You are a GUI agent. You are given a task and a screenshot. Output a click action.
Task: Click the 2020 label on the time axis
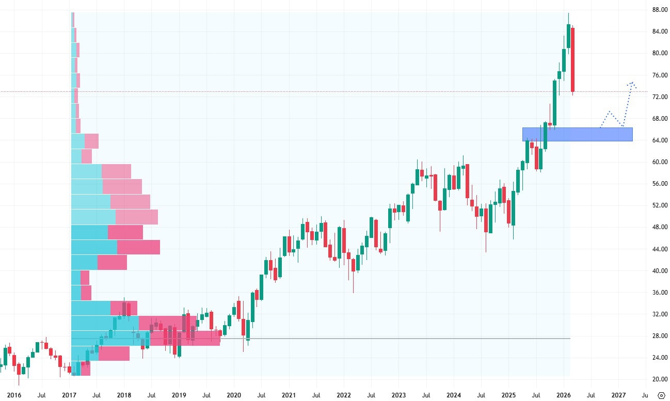point(234,395)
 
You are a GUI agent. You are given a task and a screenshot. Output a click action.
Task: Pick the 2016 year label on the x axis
point(14,395)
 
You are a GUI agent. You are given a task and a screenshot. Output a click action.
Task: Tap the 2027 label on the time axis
point(618,395)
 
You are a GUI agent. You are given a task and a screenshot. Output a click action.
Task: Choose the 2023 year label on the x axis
point(398,395)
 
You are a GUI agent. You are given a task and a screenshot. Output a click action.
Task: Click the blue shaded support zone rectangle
point(577,134)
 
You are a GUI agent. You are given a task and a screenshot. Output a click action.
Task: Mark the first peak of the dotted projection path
point(610,111)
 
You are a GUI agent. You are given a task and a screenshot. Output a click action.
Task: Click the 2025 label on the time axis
point(508,395)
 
